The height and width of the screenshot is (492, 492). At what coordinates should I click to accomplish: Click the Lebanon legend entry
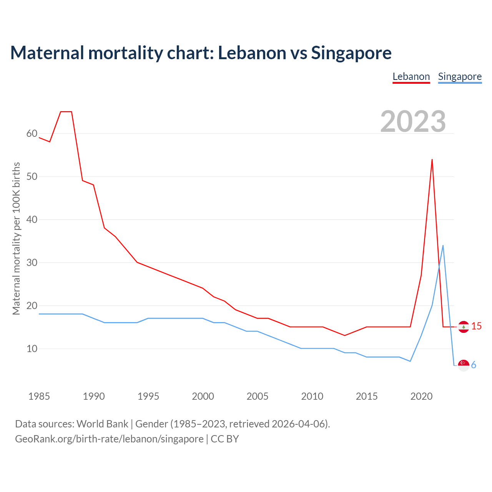click(411, 76)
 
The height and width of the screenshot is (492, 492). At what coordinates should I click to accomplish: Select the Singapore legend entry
click(460, 76)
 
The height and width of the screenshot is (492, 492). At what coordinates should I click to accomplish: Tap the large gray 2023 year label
click(413, 121)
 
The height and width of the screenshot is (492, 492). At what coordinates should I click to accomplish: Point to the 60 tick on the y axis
click(32, 134)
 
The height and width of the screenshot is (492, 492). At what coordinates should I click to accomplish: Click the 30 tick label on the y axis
click(32, 263)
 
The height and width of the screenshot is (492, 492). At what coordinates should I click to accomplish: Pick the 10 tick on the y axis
click(32, 349)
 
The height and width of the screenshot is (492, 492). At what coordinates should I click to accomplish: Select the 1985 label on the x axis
click(39, 396)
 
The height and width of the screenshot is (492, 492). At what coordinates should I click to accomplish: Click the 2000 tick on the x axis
click(203, 396)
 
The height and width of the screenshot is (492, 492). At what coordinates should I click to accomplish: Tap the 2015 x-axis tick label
click(367, 396)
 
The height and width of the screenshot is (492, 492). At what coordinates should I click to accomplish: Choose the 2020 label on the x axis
click(421, 396)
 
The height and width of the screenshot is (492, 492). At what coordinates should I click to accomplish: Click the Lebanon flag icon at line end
click(464, 327)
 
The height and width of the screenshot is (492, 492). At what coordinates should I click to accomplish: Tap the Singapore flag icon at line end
click(464, 365)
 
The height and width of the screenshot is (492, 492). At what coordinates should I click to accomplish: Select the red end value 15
click(476, 326)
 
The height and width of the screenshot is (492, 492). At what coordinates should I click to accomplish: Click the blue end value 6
click(474, 365)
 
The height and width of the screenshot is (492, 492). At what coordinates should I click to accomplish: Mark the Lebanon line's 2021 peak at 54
click(432, 160)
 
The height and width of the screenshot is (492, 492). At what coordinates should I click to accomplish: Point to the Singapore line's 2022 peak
click(443, 246)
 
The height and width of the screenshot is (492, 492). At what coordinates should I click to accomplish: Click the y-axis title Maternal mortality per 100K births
click(16, 238)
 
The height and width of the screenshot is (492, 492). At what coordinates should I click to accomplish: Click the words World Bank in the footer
click(102, 424)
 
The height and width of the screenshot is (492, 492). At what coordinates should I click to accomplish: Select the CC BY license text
click(225, 439)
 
